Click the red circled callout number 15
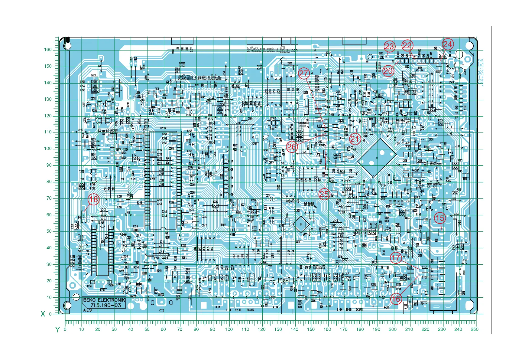click(x=440, y=218)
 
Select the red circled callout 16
click(x=396, y=299)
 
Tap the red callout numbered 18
click(x=93, y=199)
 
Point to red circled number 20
click(x=388, y=71)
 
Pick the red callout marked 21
click(x=355, y=139)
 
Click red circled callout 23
click(x=389, y=46)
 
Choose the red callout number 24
click(x=448, y=44)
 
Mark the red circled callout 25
click(x=324, y=194)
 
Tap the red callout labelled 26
click(x=292, y=147)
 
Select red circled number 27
click(x=304, y=73)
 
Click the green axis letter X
click(x=43, y=314)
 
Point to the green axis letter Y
click(x=57, y=330)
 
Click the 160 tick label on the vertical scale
click(x=48, y=50)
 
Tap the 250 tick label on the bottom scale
click(x=474, y=329)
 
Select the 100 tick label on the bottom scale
click(x=229, y=329)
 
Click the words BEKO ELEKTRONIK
click(x=104, y=300)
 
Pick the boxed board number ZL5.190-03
click(x=105, y=305)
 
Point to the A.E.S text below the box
click(x=87, y=310)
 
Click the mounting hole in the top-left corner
click(x=67, y=46)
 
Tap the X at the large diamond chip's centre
click(x=376, y=158)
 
